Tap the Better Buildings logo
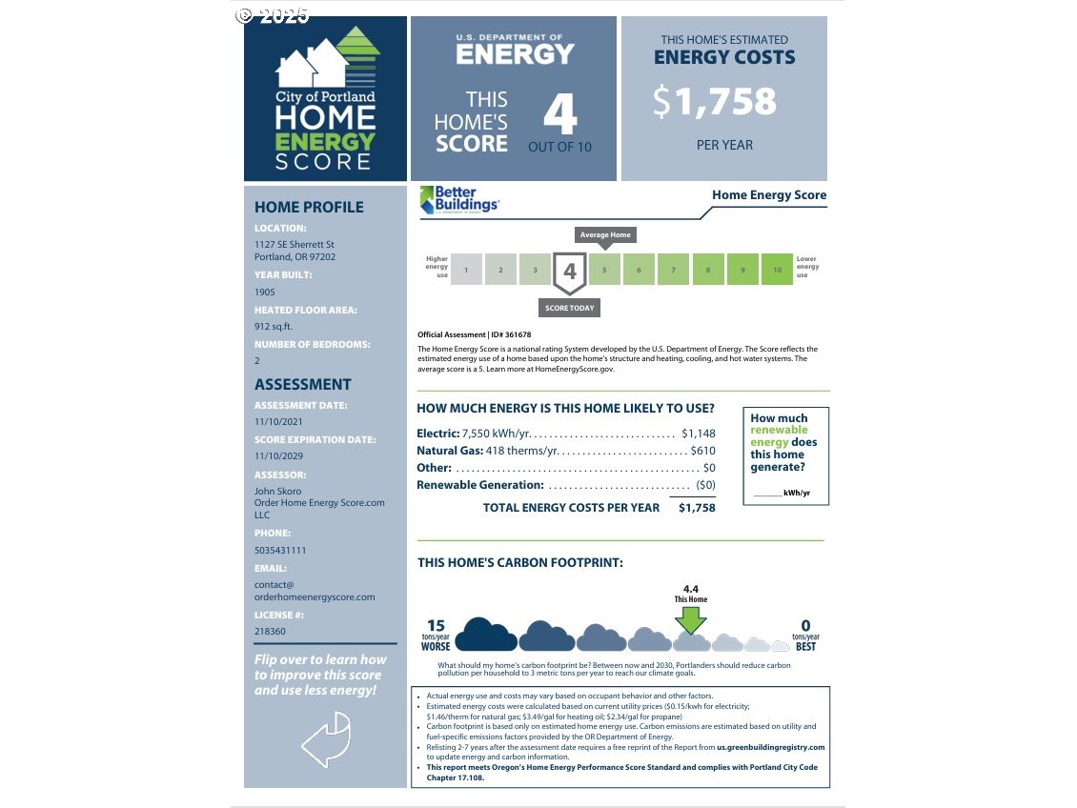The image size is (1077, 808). [459, 200]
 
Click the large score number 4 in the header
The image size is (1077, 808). [560, 115]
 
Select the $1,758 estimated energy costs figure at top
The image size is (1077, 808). [715, 102]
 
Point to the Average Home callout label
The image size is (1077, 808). [605, 234]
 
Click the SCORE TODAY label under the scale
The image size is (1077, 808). [569, 308]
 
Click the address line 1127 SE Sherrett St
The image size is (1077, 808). [294, 245]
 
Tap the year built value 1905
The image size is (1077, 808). [266, 292]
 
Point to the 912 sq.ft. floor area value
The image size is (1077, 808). [274, 326]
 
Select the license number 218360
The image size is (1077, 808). [270, 631]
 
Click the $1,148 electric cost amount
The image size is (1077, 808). [698, 434]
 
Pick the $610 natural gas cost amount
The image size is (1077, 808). [702, 451]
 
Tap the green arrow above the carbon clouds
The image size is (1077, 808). [691, 619]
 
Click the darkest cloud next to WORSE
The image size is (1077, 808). [486, 636]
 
